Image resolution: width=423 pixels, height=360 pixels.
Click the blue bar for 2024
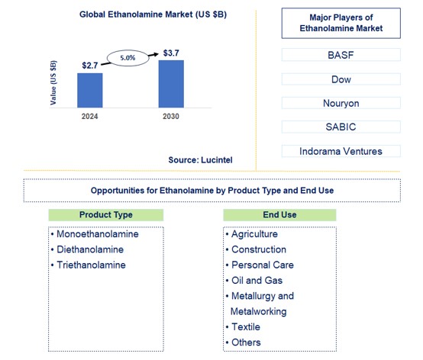click(x=90, y=90)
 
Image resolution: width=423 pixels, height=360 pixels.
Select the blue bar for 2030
click(x=171, y=83)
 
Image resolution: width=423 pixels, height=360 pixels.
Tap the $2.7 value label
click(x=90, y=66)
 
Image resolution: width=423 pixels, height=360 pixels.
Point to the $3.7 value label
click(x=171, y=53)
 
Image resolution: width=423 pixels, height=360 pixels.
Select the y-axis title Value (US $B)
click(x=53, y=83)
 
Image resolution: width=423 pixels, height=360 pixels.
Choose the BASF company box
click(x=341, y=54)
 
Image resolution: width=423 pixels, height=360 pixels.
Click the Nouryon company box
click(x=341, y=102)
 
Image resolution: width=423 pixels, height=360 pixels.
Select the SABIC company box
click(x=341, y=127)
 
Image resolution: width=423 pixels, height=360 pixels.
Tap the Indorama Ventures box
click(x=341, y=151)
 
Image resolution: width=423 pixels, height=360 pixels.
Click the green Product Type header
click(x=106, y=215)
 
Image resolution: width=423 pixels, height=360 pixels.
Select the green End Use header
click(x=281, y=215)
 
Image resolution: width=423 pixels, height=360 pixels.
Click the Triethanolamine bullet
click(x=92, y=265)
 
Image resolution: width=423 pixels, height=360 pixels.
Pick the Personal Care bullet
click(x=262, y=265)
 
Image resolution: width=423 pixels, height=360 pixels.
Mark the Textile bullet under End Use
click(x=245, y=326)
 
